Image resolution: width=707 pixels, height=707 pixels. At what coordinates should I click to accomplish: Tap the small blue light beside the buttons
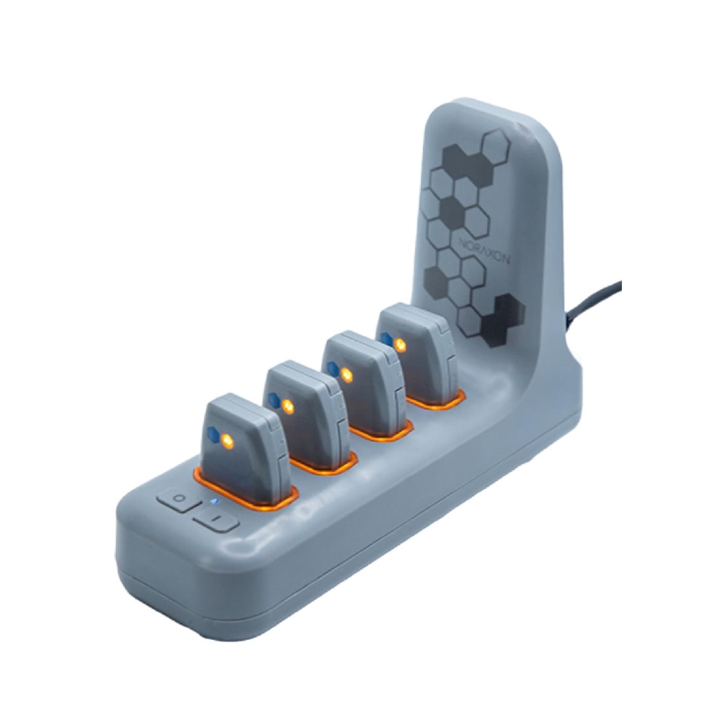(x=215, y=501)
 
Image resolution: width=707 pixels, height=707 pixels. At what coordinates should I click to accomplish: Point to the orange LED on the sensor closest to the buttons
(x=228, y=441)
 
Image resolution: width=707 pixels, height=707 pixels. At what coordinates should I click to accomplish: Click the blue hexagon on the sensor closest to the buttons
(x=213, y=434)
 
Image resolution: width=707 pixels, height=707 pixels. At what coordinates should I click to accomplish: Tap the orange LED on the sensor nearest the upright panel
(x=399, y=346)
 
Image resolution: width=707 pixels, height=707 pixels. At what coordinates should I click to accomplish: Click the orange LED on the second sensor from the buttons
(x=287, y=407)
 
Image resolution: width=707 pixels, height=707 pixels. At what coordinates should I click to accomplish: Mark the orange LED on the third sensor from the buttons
(x=346, y=374)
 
